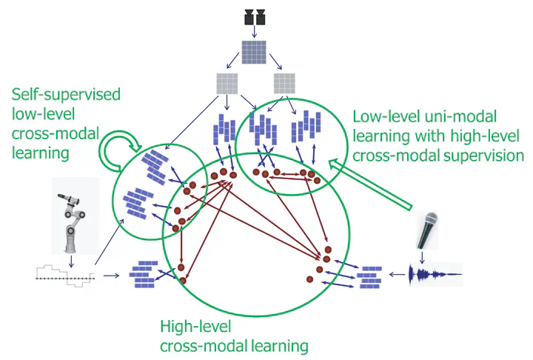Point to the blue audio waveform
coord(437,276)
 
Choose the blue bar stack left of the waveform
coord(369,277)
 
